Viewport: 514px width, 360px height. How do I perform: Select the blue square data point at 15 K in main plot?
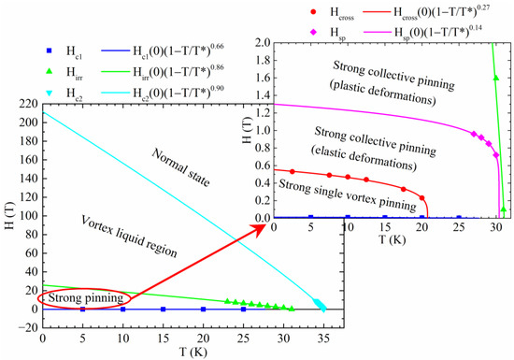coord(163,309)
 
